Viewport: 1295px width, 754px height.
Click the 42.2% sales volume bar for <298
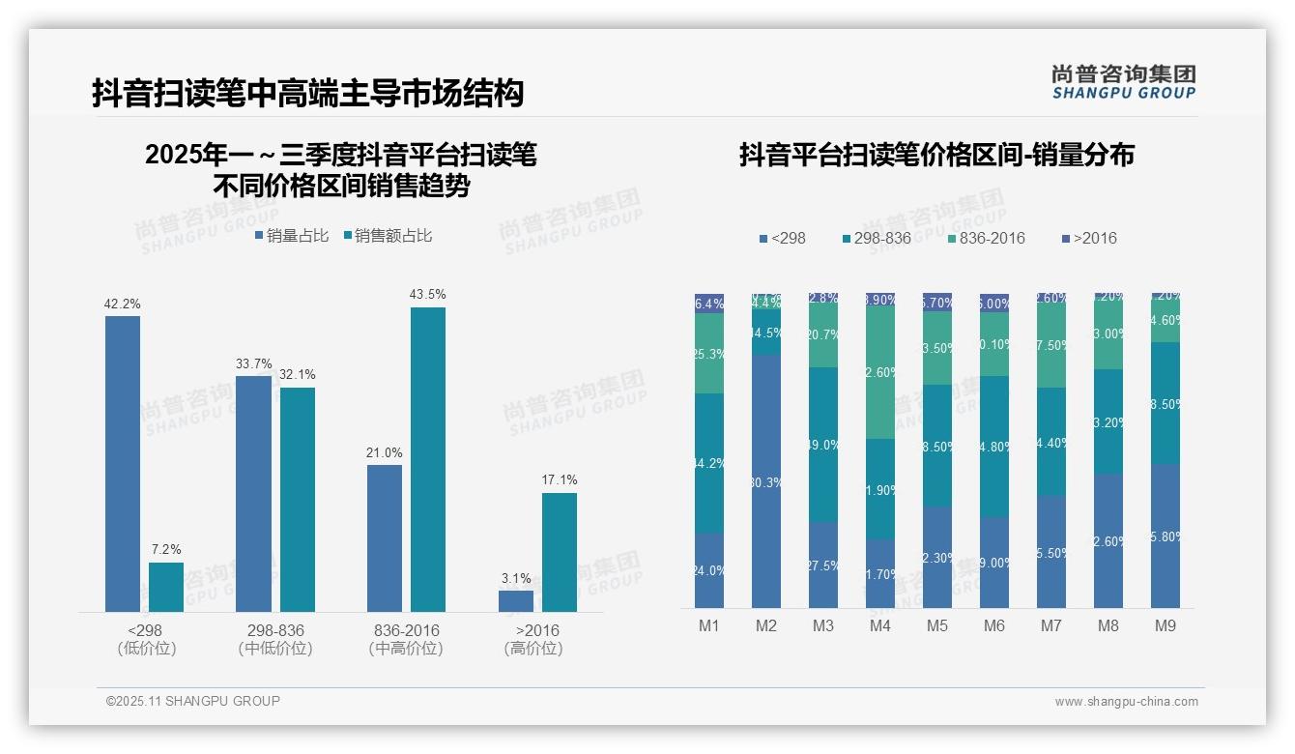point(123,464)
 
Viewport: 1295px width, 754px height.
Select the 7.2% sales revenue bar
point(166,587)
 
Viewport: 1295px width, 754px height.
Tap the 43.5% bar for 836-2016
point(428,459)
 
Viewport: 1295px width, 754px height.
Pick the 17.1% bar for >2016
point(560,552)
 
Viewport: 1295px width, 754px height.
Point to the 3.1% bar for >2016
point(516,600)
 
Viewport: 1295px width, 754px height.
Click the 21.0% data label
point(385,452)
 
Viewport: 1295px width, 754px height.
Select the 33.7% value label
point(253,363)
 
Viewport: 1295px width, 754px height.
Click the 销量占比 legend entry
point(291,236)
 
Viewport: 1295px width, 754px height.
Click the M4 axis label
point(880,626)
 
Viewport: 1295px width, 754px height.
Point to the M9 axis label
point(1165,626)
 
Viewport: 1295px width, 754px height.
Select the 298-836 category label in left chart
point(275,630)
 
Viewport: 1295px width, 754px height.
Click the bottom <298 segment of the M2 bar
point(766,480)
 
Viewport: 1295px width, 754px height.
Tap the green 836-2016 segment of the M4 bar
point(880,371)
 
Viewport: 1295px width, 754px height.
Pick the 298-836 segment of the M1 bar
point(709,463)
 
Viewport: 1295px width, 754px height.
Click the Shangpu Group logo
point(1124,82)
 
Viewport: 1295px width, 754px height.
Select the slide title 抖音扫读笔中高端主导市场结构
point(308,93)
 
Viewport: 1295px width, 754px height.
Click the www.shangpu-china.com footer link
point(1126,702)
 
